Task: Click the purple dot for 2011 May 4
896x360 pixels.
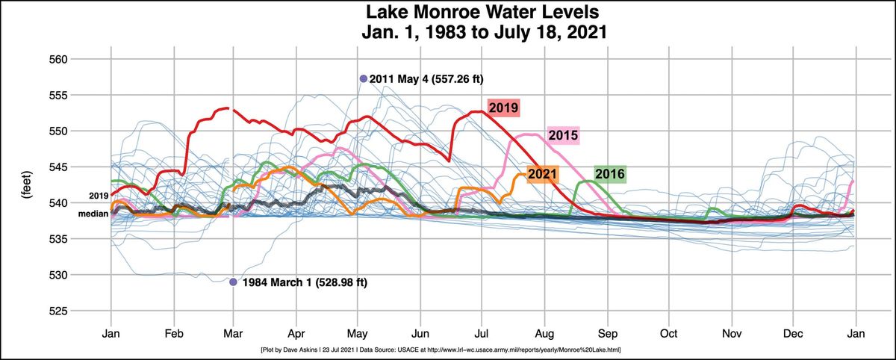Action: pyautogui.click(x=364, y=78)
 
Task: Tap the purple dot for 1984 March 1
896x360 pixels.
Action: pyautogui.click(x=233, y=282)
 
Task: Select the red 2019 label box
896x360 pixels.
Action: pyautogui.click(x=503, y=108)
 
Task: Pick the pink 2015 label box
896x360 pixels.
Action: pyautogui.click(x=563, y=135)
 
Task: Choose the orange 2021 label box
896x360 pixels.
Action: pyautogui.click(x=542, y=175)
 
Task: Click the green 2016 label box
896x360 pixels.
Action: pyautogui.click(x=609, y=174)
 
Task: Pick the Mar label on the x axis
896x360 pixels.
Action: pyautogui.click(x=234, y=332)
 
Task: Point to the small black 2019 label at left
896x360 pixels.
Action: pyautogui.click(x=99, y=196)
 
